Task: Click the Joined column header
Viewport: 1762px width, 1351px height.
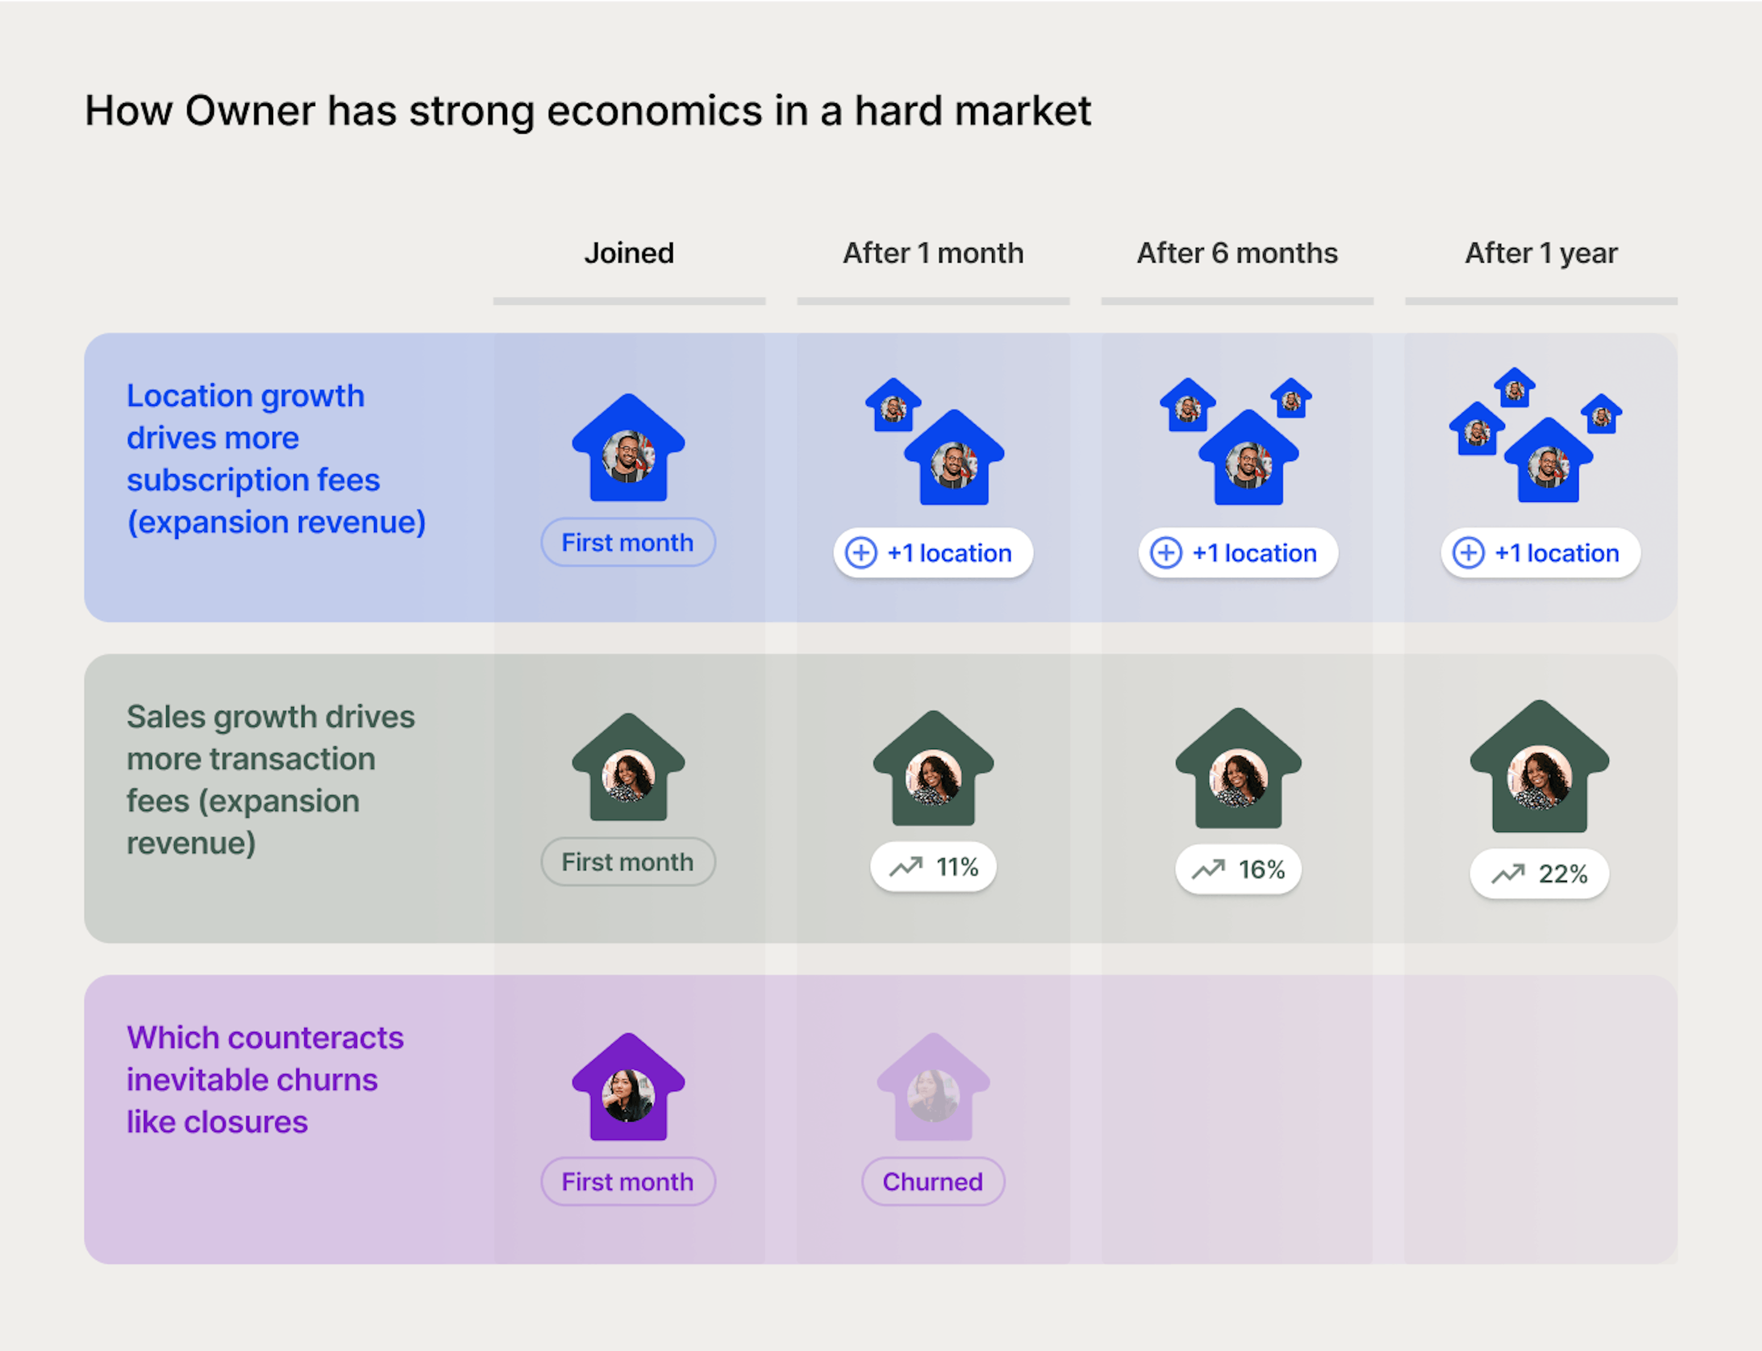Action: (x=629, y=253)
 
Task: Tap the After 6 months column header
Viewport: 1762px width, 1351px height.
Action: (x=1237, y=253)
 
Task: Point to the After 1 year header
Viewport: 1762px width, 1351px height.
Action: (x=1541, y=253)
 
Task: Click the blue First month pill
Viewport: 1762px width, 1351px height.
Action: (x=628, y=543)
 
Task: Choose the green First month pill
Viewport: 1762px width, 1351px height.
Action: (x=628, y=862)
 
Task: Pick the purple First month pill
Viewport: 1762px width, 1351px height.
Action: (x=628, y=1181)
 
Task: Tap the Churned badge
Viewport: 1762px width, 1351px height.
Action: (x=932, y=1181)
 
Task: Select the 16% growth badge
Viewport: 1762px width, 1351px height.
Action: (x=1238, y=869)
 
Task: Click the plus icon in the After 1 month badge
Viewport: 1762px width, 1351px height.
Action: (x=861, y=553)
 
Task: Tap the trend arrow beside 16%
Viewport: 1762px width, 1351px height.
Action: (x=1208, y=869)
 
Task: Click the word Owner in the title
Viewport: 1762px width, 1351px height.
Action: (x=250, y=111)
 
